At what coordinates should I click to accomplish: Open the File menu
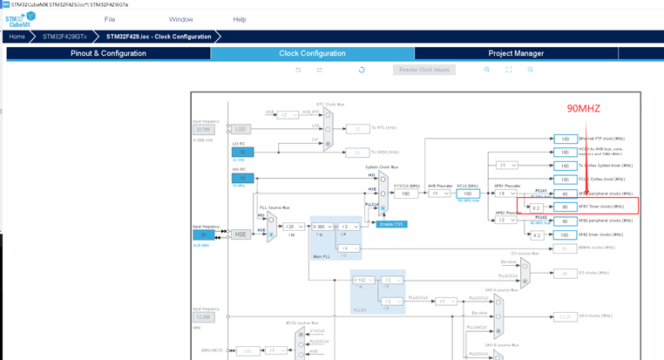tap(110, 19)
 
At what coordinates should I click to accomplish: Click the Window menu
tap(180, 19)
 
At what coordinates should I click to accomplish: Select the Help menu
tap(240, 19)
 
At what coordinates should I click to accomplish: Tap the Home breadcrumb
tap(17, 37)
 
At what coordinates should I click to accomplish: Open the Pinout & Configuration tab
tap(108, 53)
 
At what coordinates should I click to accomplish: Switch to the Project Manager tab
tap(516, 53)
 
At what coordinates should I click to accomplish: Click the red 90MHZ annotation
tap(584, 108)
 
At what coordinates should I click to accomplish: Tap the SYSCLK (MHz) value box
tap(404, 194)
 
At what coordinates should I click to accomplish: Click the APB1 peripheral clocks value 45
tap(565, 194)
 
